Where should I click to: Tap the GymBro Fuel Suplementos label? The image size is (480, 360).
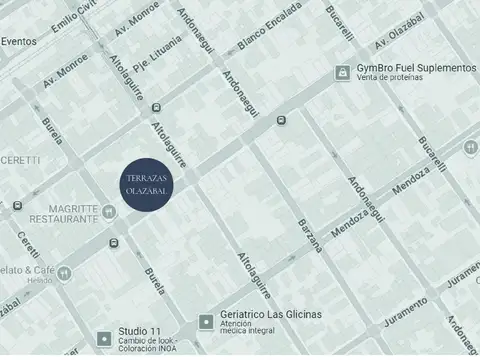[416, 67]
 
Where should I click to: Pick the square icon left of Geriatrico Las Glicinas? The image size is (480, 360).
[206, 321]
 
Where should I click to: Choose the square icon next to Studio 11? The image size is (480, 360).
[104, 338]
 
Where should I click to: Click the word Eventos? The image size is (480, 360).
[18, 41]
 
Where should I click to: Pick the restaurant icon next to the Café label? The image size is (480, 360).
[63, 271]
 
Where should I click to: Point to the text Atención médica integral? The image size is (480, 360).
[252, 331]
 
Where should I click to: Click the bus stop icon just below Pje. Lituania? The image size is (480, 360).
[155, 106]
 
